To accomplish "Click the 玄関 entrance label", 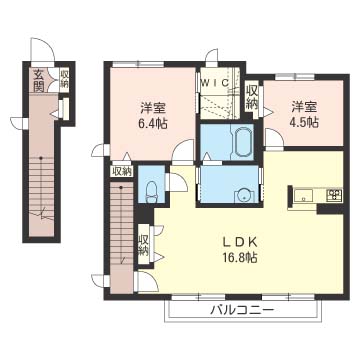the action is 39,81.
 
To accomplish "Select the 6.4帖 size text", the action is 153,124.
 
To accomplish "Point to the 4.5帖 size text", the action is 304,122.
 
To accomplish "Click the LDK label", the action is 240,242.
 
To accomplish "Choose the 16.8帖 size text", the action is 240,258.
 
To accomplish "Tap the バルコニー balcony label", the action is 243,311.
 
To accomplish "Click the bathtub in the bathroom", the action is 242,143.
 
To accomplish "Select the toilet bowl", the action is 151,192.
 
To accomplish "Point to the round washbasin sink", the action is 245,196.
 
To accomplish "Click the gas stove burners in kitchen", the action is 334,194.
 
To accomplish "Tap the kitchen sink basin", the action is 303,195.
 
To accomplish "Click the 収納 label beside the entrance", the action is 64,79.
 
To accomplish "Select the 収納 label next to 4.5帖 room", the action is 251,97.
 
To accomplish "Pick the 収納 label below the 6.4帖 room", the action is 122,172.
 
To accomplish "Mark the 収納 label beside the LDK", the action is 144,245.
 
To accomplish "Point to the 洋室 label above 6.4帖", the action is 153,109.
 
